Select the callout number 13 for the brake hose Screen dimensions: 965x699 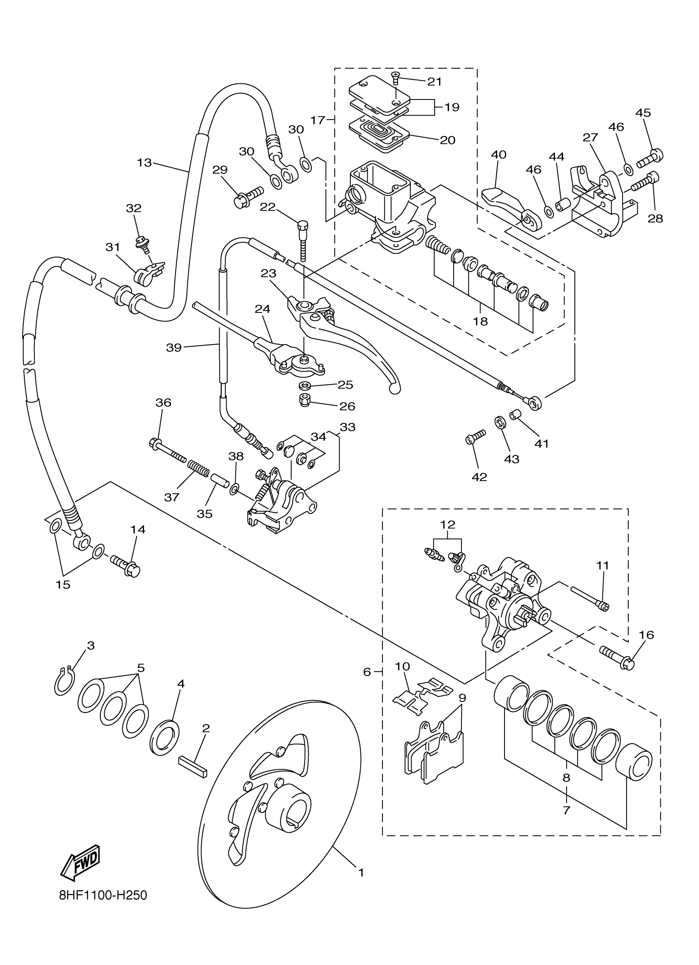coord(144,162)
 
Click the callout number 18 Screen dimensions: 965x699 coord(480,321)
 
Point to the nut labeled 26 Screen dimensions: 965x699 coord(305,400)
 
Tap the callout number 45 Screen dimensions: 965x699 coord(643,113)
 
